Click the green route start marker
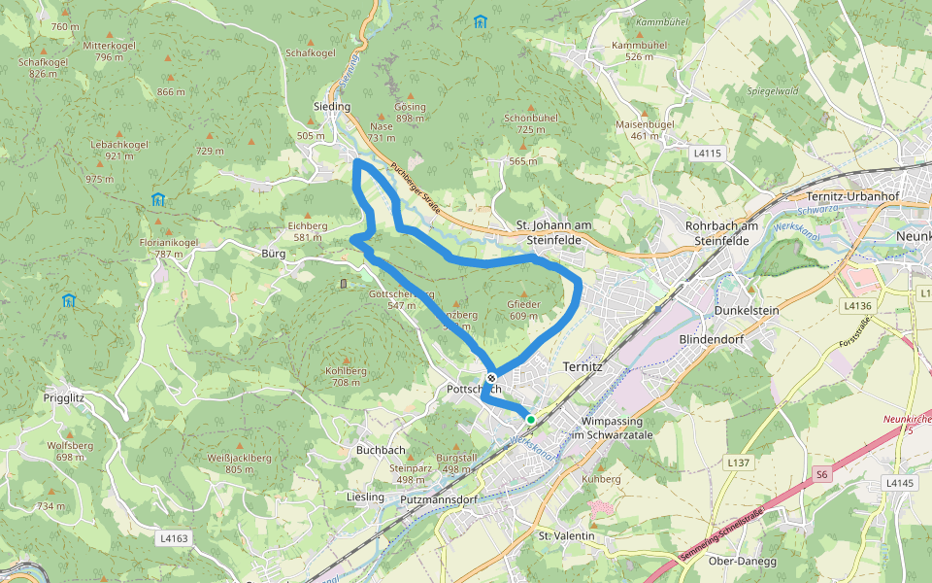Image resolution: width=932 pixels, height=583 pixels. click(530, 419)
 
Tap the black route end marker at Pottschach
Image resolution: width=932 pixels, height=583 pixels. click(491, 378)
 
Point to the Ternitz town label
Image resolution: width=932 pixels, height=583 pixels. click(583, 367)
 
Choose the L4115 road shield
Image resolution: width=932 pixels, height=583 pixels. click(708, 154)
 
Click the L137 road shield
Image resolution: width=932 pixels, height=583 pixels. click(739, 463)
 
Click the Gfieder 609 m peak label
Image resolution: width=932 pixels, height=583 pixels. click(523, 310)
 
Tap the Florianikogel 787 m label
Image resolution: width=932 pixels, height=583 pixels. click(169, 248)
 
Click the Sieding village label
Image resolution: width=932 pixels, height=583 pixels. click(331, 106)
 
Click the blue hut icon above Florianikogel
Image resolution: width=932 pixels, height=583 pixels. click(157, 199)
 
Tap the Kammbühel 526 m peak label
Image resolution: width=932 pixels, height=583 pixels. click(639, 51)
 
